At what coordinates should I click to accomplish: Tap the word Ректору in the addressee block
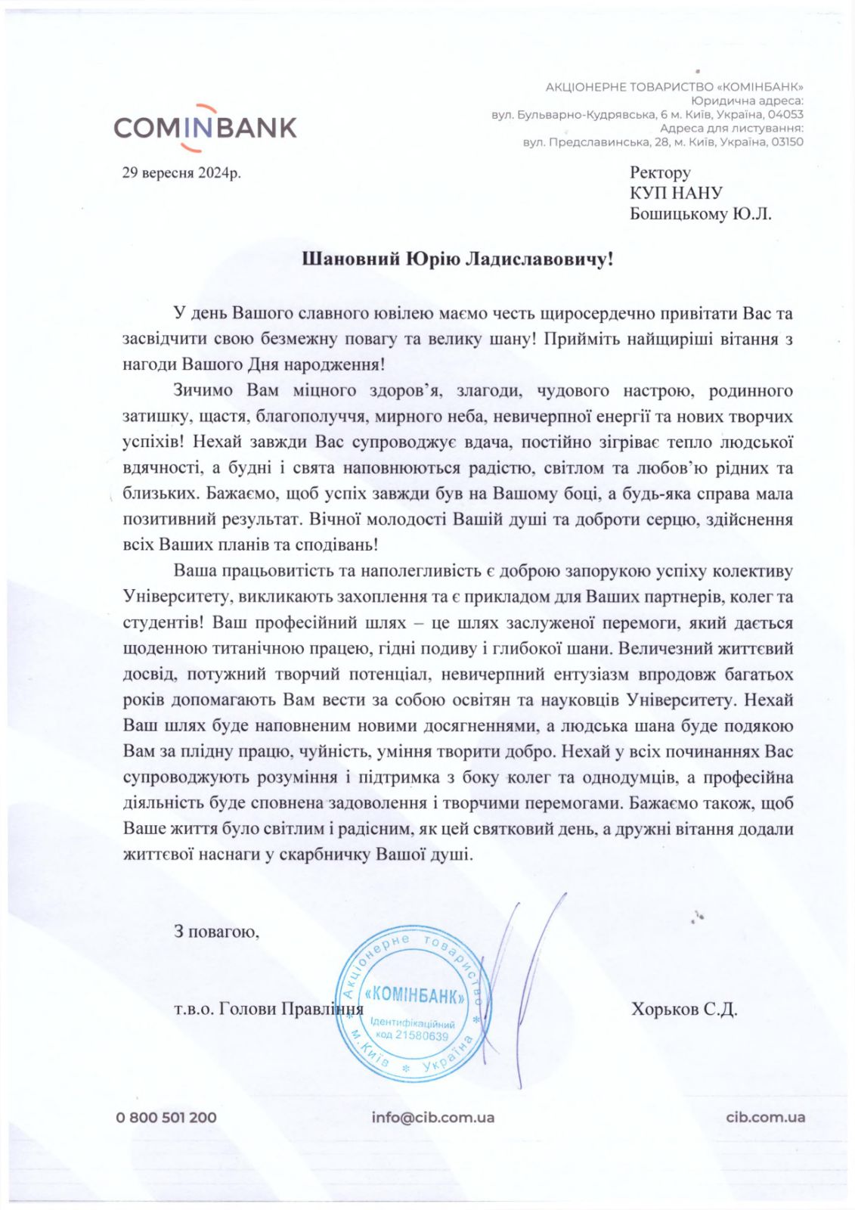660,172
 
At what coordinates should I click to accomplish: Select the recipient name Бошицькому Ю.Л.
701,214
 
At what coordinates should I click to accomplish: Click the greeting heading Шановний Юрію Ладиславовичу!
457,259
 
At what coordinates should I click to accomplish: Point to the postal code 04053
785,115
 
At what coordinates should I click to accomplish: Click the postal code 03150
785,142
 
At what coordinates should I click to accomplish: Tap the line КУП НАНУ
676,194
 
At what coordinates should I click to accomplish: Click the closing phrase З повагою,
216,931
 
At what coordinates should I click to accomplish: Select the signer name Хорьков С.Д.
684,1009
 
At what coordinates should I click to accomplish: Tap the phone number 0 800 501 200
166,1117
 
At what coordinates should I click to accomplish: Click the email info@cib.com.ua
432,1117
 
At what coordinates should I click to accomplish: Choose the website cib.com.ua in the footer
765,1117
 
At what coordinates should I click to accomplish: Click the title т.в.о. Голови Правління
268,1009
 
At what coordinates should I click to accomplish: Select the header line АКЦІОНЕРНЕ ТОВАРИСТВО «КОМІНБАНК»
674,87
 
